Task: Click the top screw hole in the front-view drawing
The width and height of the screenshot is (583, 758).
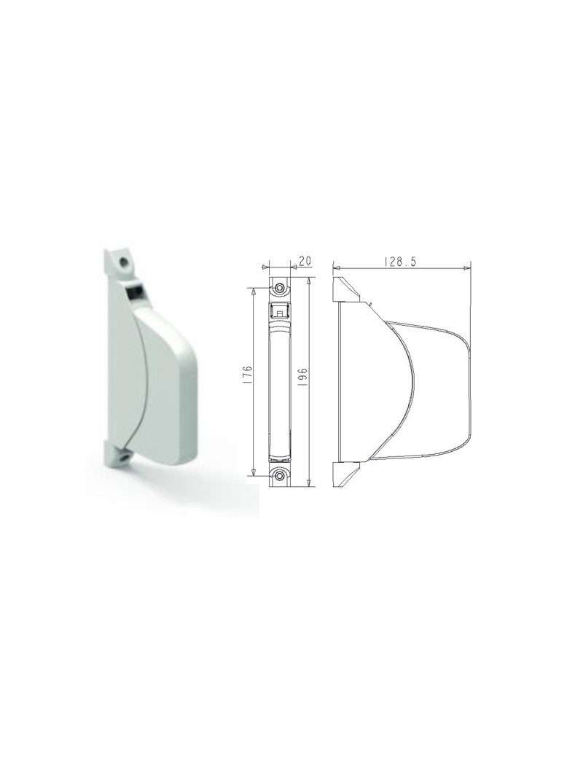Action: click(280, 287)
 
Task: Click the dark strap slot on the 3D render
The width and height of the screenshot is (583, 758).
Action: click(135, 293)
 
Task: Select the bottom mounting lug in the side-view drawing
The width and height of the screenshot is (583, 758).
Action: click(345, 474)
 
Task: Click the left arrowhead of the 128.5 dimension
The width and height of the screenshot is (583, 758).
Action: click(334, 269)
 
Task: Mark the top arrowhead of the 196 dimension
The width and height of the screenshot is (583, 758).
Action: click(310, 280)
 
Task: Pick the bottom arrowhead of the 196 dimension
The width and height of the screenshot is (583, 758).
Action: click(310, 483)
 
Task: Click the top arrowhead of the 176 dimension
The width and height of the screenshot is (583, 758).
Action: click(254, 289)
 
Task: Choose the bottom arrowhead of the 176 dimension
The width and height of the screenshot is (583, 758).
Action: click(254, 474)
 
